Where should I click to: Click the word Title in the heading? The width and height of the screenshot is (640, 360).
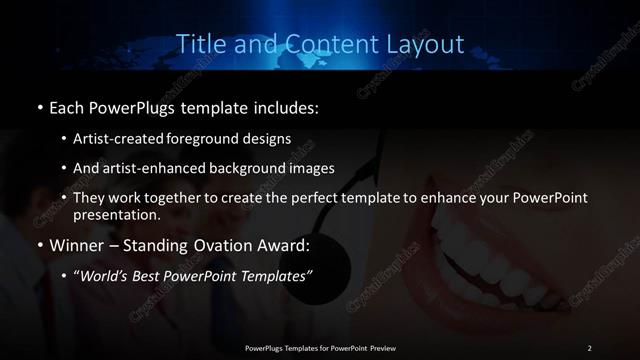click(199, 45)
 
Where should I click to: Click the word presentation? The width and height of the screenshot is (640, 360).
click(116, 214)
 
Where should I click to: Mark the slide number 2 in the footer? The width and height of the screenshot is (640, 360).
click(589, 347)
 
